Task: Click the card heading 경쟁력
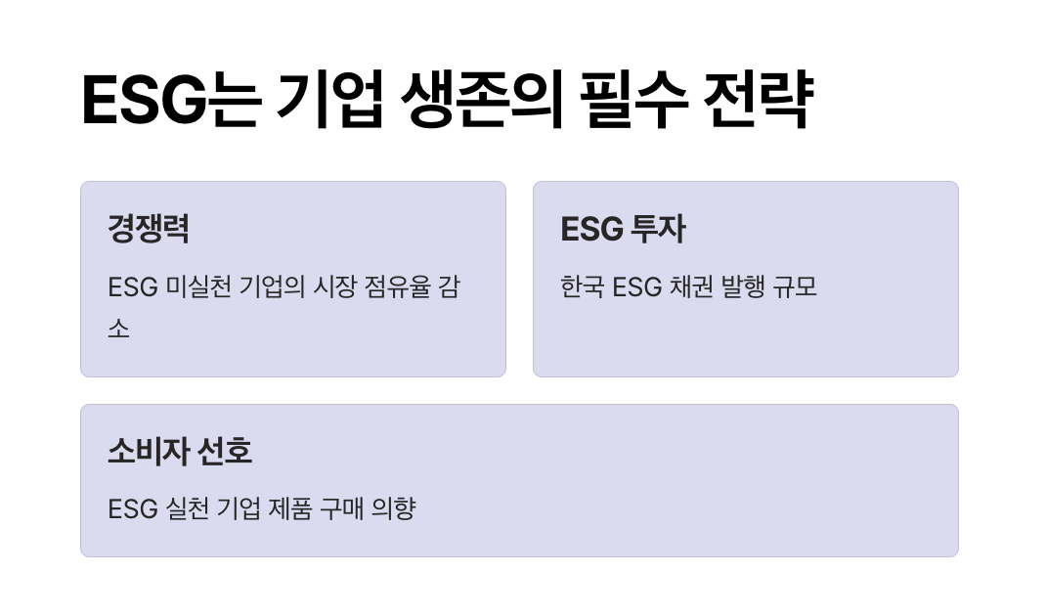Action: [149, 229]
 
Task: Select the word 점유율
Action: [430, 287]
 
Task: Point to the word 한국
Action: [582, 287]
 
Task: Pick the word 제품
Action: [288, 509]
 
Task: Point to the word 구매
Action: [342, 509]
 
